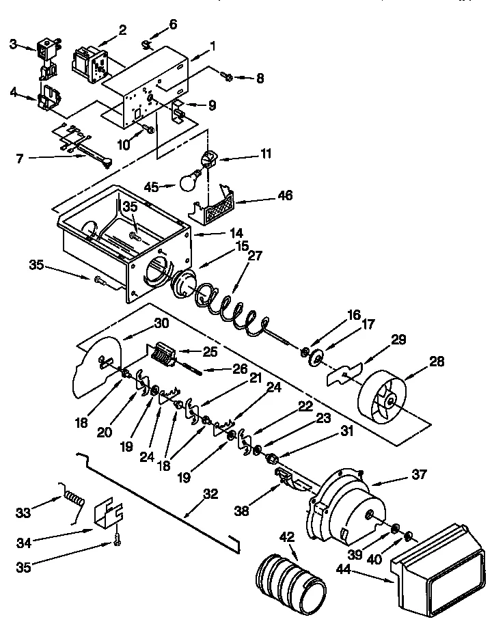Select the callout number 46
coord(284,195)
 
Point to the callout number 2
coord(123,29)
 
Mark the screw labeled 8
coord(228,78)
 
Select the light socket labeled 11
coord(208,161)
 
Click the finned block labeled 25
coord(163,355)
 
